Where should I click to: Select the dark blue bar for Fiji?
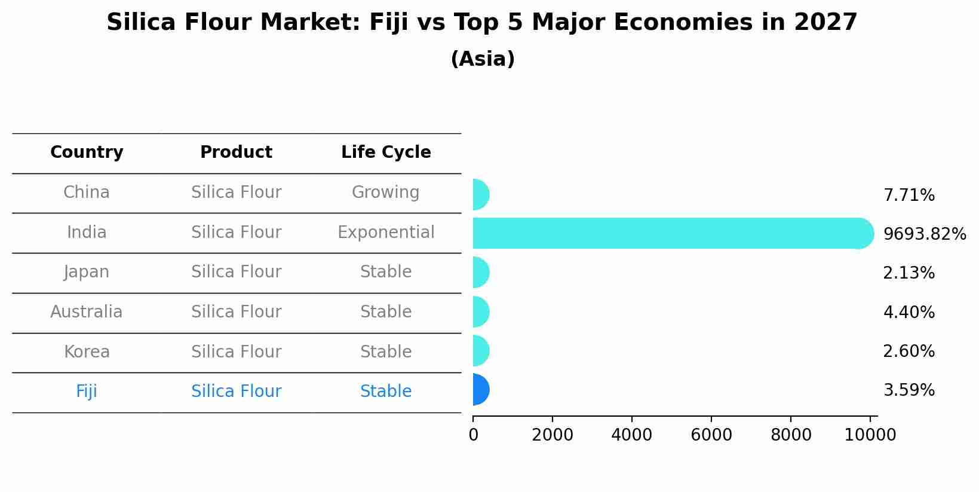point(480,390)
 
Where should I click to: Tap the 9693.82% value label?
point(924,234)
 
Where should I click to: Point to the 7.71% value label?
point(909,195)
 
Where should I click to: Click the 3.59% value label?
point(909,390)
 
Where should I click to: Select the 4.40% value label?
point(909,313)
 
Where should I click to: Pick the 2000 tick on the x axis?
point(553,435)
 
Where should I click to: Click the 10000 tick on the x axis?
point(870,435)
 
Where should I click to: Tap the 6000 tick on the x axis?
point(711,435)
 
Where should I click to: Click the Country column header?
point(87,152)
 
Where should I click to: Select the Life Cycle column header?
point(386,152)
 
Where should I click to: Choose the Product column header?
point(236,152)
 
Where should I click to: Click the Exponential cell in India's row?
point(386,233)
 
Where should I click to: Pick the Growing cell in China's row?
point(385,192)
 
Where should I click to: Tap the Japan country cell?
point(87,272)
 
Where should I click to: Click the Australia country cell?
point(87,312)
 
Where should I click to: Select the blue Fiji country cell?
point(87,392)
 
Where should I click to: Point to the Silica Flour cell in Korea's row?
point(236,352)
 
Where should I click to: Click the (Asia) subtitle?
point(483,59)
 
